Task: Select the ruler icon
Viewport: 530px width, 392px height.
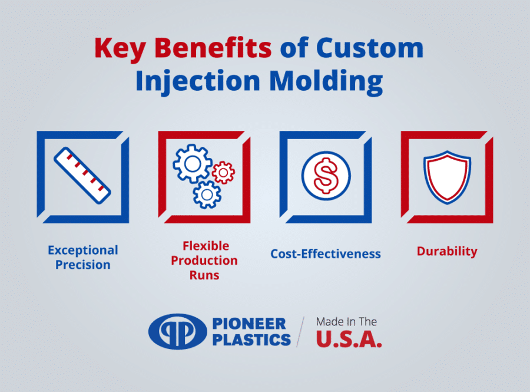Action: tap(82, 176)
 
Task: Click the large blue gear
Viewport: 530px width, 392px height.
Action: tap(192, 163)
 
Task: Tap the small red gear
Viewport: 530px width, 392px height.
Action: tap(223, 172)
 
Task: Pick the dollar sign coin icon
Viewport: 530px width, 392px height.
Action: tap(326, 176)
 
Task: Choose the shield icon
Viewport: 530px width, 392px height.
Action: tap(447, 176)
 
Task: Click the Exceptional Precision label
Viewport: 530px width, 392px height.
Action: tap(83, 258)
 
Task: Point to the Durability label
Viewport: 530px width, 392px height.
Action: tap(447, 251)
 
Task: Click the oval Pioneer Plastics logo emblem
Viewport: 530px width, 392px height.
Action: tap(173, 331)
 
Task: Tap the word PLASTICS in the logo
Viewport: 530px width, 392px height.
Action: tap(251, 340)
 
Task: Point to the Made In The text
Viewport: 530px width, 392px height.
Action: tap(346, 322)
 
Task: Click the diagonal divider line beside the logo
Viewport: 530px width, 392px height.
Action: tap(301, 331)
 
